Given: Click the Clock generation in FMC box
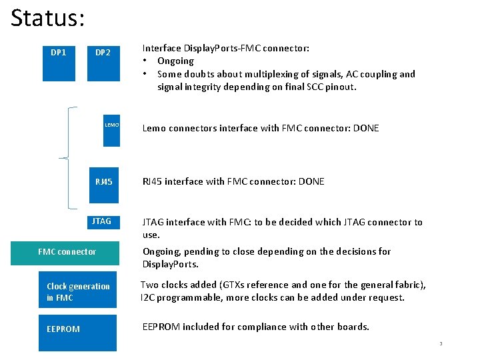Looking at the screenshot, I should click(78, 292).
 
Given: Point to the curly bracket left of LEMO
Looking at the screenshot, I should click(68, 157).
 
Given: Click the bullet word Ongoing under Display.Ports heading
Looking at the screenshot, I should click(175, 61).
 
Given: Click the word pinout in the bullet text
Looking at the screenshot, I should click(340, 87).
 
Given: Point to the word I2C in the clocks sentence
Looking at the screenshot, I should click(147, 297).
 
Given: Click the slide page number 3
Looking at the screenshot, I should click(441, 344).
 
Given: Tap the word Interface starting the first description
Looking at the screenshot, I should click(162, 48).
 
